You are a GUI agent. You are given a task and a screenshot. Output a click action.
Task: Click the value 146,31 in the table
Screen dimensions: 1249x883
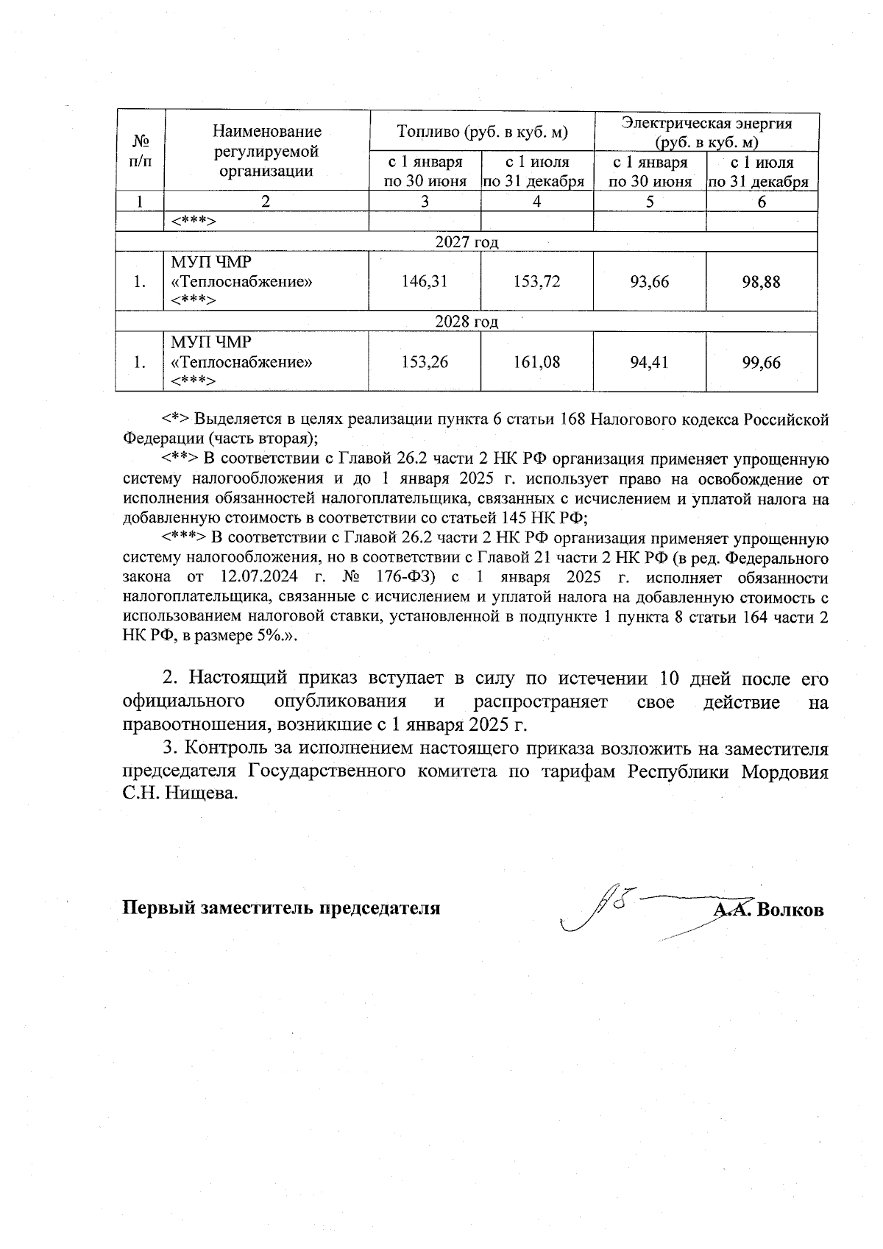coord(425,281)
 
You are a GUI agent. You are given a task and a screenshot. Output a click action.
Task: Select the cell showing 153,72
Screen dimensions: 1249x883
coord(537,281)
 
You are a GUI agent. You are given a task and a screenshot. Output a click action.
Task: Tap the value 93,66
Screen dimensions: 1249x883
coord(650,281)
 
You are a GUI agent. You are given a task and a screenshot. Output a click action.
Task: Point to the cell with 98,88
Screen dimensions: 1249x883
coord(762,281)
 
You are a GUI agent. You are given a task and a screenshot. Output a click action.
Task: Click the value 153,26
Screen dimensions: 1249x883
coord(425,362)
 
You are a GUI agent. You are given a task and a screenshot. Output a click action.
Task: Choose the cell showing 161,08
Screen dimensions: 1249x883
coord(537,362)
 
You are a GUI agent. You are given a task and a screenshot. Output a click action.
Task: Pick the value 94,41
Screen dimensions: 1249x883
coord(650,362)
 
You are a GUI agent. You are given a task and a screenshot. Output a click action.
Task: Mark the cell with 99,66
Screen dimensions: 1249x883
coord(762,362)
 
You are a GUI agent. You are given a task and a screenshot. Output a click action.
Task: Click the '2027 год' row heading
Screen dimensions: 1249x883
coord(467,242)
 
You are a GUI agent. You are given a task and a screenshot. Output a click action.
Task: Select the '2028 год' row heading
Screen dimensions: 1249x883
coord(467,322)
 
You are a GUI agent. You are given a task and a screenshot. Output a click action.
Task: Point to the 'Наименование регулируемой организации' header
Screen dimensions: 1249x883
coord(267,151)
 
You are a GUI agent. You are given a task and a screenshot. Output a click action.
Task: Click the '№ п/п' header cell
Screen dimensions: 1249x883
coord(140,151)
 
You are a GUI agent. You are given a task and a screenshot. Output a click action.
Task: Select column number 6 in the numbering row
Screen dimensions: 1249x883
coord(762,202)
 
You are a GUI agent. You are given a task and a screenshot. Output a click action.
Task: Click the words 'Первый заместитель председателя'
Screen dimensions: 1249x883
coord(281,907)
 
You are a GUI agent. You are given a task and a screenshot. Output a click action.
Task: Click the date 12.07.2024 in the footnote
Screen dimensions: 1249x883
coord(255,578)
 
